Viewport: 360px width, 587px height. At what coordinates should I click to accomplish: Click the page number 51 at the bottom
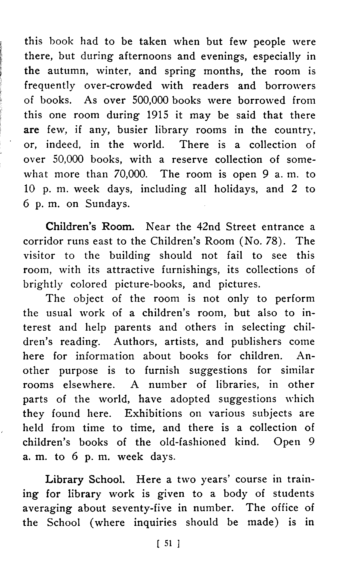[168, 544]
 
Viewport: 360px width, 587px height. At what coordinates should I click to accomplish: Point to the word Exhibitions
[153, 413]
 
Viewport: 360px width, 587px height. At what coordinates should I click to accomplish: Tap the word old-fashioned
[193, 442]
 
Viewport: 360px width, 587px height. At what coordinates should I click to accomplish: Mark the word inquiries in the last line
[155, 522]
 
